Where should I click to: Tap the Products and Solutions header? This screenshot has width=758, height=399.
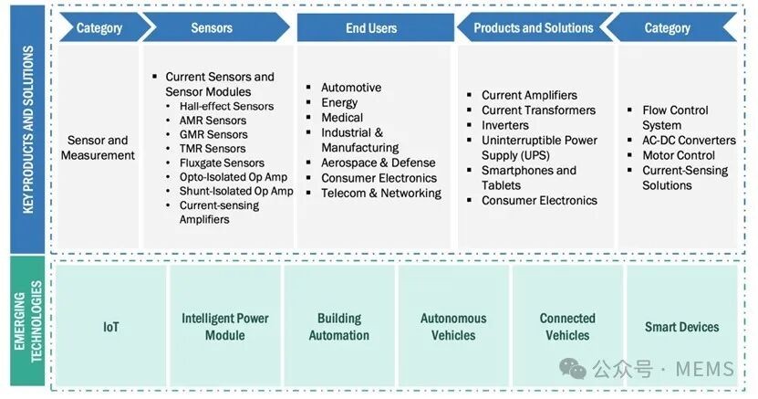tap(534, 27)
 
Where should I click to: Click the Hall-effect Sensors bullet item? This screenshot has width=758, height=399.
tap(226, 106)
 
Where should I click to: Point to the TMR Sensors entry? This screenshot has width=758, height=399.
tap(213, 149)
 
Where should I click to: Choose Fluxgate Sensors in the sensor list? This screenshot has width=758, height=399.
tap(222, 163)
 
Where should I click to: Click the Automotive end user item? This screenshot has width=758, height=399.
tap(351, 88)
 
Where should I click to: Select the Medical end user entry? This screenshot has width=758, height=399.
tap(342, 118)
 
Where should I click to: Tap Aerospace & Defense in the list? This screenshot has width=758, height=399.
tap(378, 163)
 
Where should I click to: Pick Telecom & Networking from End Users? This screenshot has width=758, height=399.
tap(381, 193)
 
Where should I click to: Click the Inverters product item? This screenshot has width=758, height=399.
tap(504, 125)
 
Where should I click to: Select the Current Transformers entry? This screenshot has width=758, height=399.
tap(538, 110)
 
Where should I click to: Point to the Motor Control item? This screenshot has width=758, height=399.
tap(679, 155)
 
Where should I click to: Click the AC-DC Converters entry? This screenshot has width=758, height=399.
tap(689, 141)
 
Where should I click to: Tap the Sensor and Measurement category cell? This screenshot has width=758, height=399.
tap(99, 148)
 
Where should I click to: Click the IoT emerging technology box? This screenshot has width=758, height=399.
tap(111, 326)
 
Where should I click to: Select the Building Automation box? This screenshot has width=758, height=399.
tap(339, 326)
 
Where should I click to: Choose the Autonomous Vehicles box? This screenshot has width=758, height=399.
tap(453, 326)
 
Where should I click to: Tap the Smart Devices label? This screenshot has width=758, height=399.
tap(681, 327)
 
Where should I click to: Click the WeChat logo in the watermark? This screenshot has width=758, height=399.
tap(572, 369)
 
